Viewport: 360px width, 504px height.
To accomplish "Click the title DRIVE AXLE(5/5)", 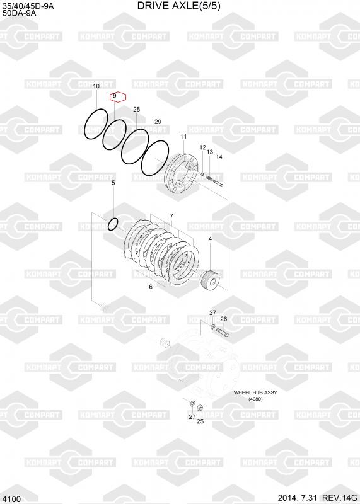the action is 179,6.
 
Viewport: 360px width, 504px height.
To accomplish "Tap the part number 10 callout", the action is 96,86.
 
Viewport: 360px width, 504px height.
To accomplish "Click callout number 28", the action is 136,109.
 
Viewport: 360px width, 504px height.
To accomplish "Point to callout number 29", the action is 158,122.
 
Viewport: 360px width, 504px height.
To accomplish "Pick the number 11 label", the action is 183,137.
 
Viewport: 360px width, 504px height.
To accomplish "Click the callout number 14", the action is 219,157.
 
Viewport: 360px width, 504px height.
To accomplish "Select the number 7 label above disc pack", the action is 171,216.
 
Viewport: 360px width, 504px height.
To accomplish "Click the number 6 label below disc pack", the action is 151,287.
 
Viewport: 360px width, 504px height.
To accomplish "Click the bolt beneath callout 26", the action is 223,332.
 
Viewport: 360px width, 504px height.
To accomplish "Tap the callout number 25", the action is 200,421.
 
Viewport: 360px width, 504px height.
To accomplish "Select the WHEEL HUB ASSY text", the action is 255,392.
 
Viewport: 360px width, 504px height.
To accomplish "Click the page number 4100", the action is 11,499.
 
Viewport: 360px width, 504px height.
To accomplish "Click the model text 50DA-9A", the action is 20,13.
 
